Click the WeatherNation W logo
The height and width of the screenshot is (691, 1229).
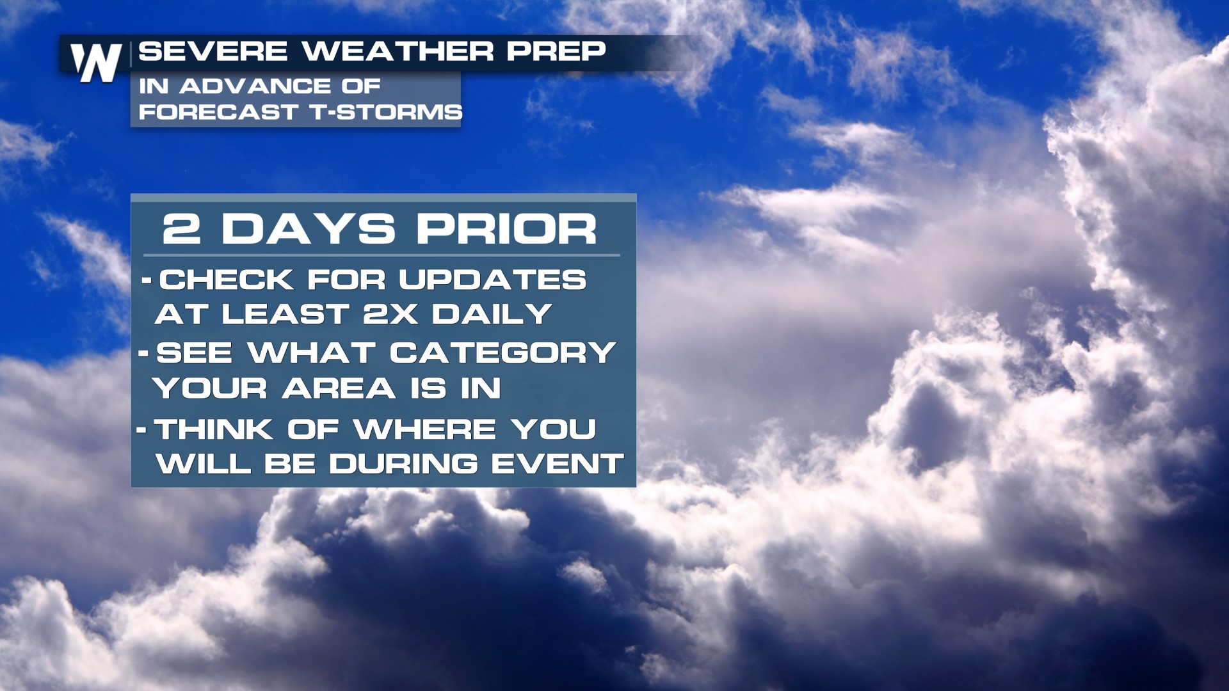pyautogui.click(x=96, y=63)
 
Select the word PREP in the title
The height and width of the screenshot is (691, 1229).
pyautogui.click(x=556, y=51)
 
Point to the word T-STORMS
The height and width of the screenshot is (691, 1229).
pyautogui.click(x=386, y=112)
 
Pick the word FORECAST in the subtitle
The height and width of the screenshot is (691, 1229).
pyautogui.click(x=218, y=112)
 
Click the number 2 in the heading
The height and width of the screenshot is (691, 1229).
pyautogui.click(x=182, y=228)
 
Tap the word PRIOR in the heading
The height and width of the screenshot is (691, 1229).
pyautogui.click(x=506, y=228)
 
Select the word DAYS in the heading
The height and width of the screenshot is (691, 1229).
pyautogui.click(x=309, y=228)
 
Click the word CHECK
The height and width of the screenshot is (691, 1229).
pyautogui.click(x=226, y=280)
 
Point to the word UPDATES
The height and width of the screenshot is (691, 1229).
pyautogui.click(x=492, y=280)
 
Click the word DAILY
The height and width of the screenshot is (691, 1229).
pyautogui.click(x=492, y=314)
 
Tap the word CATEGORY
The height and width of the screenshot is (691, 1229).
pyautogui.click(x=502, y=353)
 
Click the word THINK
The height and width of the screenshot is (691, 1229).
pyautogui.click(x=214, y=429)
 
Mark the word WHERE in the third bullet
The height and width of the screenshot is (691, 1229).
pyautogui.click(x=425, y=429)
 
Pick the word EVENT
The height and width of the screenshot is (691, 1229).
pyautogui.click(x=557, y=464)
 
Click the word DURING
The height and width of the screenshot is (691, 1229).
pyautogui.click(x=403, y=464)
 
